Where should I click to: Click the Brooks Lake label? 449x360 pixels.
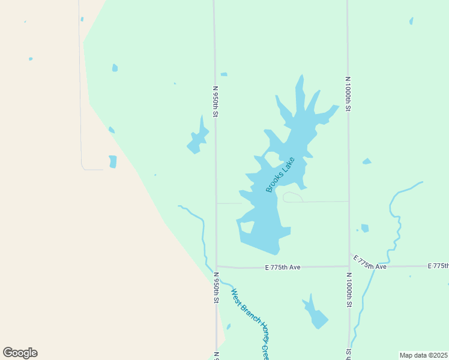(x=280, y=175)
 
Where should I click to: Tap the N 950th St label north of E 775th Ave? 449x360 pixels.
(x=215, y=101)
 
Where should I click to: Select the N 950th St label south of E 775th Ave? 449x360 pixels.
(x=216, y=288)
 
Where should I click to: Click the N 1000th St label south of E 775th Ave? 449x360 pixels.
(x=349, y=292)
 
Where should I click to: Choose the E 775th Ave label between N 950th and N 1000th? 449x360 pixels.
(x=282, y=267)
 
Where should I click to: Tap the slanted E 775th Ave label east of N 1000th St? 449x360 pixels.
(x=369, y=262)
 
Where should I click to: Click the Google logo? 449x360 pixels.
(x=20, y=353)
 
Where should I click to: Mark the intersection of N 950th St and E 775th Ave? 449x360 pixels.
(x=216, y=266)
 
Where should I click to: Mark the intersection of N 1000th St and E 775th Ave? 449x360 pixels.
(x=349, y=266)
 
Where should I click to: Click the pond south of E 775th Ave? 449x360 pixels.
(x=316, y=314)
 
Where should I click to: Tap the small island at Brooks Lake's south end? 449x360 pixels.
(x=246, y=227)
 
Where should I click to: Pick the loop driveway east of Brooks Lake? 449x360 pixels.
(x=292, y=197)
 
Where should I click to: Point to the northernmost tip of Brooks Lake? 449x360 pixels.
(x=302, y=76)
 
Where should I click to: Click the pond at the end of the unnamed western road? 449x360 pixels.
(x=112, y=161)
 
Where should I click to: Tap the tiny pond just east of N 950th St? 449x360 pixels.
(x=224, y=74)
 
